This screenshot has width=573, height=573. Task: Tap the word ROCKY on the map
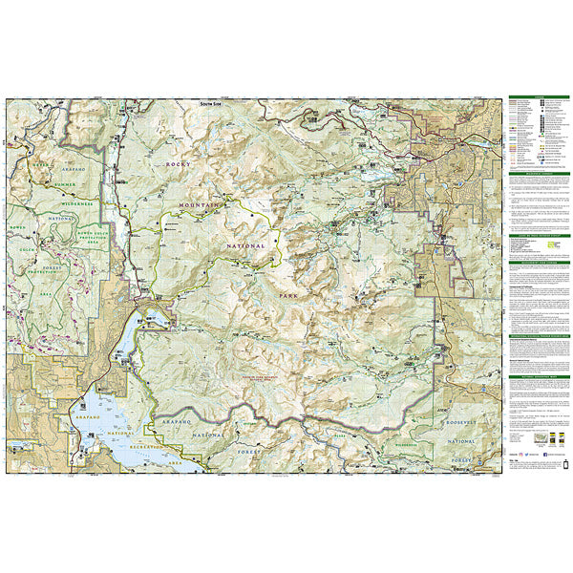(178, 165)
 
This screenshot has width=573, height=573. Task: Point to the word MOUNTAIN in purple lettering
(202, 205)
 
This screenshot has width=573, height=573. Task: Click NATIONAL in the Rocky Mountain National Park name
(245, 245)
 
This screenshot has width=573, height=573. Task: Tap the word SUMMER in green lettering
(69, 183)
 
